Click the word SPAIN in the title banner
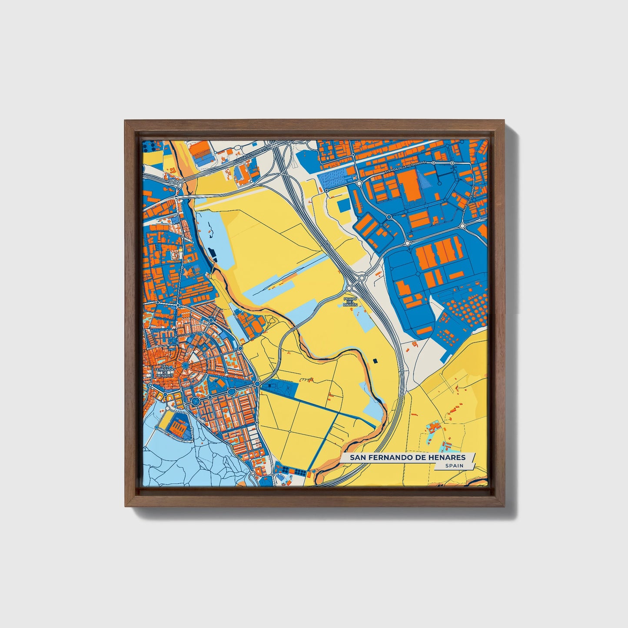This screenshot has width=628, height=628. [454, 466]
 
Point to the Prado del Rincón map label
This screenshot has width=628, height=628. [350, 302]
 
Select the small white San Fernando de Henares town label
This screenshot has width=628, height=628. [165, 372]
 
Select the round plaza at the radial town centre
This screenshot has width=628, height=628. [186, 367]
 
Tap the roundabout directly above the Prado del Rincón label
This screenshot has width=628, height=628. [350, 287]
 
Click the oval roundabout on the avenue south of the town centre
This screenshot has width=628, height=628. [195, 401]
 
